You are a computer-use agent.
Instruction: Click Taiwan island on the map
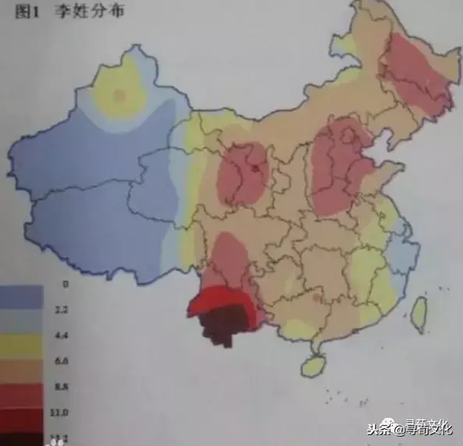click(x=419, y=313)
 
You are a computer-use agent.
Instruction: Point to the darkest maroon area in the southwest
click(x=224, y=326)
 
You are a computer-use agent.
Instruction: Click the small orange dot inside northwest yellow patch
click(x=118, y=95)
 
